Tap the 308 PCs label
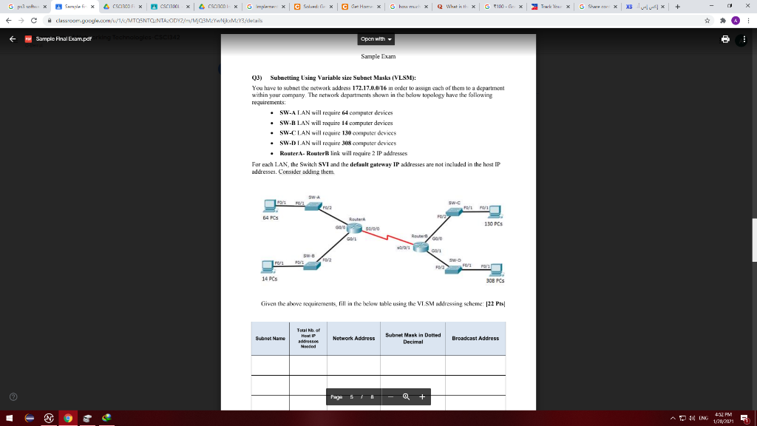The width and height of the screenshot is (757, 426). pos(495,281)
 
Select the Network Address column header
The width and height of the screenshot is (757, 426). pos(353,338)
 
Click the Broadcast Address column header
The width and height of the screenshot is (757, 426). pos(475,338)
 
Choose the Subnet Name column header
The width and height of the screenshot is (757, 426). pos(271,338)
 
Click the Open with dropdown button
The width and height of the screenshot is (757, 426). pos(377,39)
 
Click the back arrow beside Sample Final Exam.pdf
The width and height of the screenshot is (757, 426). pos(13,39)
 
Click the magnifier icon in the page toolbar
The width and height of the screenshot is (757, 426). pos(406,397)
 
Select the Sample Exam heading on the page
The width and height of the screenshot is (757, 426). pos(378,56)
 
